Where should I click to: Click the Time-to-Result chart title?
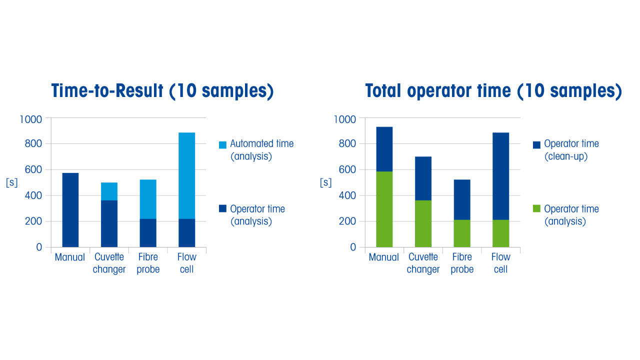click(162, 91)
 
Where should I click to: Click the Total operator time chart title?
click(493, 91)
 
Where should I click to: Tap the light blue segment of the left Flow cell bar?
click(186, 175)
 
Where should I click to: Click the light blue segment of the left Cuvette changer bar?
click(109, 191)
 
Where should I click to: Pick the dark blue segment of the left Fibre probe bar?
click(148, 233)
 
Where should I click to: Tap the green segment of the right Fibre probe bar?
click(462, 233)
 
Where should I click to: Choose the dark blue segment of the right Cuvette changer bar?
click(423, 178)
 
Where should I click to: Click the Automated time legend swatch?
click(222, 145)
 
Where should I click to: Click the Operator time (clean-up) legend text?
click(571, 150)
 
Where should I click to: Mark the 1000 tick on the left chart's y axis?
click(31, 119)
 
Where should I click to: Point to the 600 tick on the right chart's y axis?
click(347, 170)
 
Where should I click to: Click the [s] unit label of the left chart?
click(11, 182)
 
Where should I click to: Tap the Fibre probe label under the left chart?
click(148, 263)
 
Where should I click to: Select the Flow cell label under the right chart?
click(500, 263)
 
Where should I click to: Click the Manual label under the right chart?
click(384, 257)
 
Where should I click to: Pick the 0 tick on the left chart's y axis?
click(39, 247)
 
